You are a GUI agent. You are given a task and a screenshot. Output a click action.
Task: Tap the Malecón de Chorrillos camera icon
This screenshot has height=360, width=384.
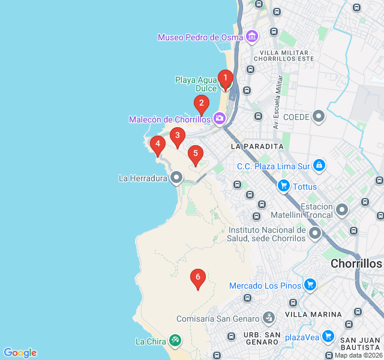[x=220, y=119]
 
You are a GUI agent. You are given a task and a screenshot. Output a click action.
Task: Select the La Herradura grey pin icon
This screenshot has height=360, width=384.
[x=176, y=178]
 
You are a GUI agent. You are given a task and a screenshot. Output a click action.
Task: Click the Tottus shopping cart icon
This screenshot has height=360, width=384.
[x=284, y=187]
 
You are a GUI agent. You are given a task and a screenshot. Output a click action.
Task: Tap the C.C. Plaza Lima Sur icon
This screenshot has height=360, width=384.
[x=319, y=165]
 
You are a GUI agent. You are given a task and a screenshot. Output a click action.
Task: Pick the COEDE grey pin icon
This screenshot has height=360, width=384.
[x=319, y=116]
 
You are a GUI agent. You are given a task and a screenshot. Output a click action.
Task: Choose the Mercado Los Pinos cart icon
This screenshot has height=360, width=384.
[x=310, y=285]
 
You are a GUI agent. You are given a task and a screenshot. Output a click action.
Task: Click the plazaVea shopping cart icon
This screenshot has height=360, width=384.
[x=328, y=336]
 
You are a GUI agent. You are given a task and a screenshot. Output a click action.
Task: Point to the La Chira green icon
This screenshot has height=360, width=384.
[x=175, y=341]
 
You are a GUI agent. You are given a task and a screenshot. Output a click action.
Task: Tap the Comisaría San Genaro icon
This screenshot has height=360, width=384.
[x=269, y=318]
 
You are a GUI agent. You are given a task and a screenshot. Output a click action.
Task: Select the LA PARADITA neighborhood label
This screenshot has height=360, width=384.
[x=257, y=146]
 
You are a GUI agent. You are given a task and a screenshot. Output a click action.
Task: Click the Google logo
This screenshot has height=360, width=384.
[x=20, y=353]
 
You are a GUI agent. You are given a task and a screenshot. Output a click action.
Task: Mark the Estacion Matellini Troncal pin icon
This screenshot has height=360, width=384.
[x=342, y=210]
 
